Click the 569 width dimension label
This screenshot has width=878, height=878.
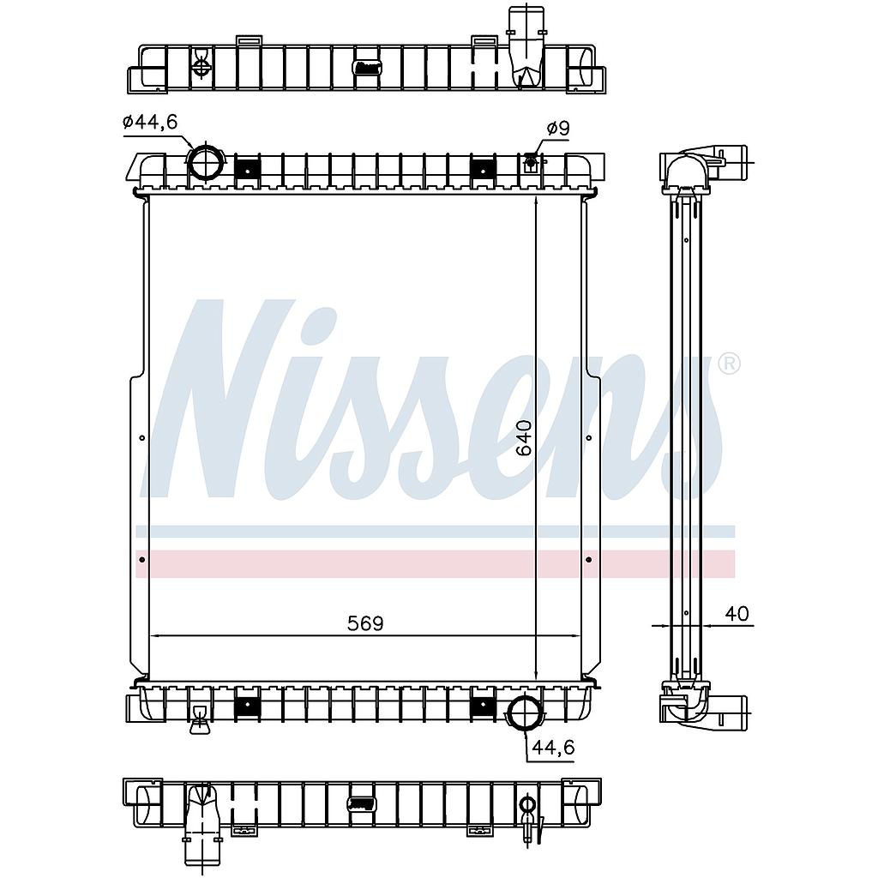(365, 623)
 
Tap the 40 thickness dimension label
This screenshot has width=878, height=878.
(737, 614)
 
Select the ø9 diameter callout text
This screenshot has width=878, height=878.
(557, 129)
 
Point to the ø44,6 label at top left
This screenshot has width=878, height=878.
(149, 121)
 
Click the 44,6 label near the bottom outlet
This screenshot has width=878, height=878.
(553, 747)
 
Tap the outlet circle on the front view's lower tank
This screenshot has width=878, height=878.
(526, 712)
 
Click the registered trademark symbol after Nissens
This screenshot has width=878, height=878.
(729, 364)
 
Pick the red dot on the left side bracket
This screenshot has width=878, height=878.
(141, 559)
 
